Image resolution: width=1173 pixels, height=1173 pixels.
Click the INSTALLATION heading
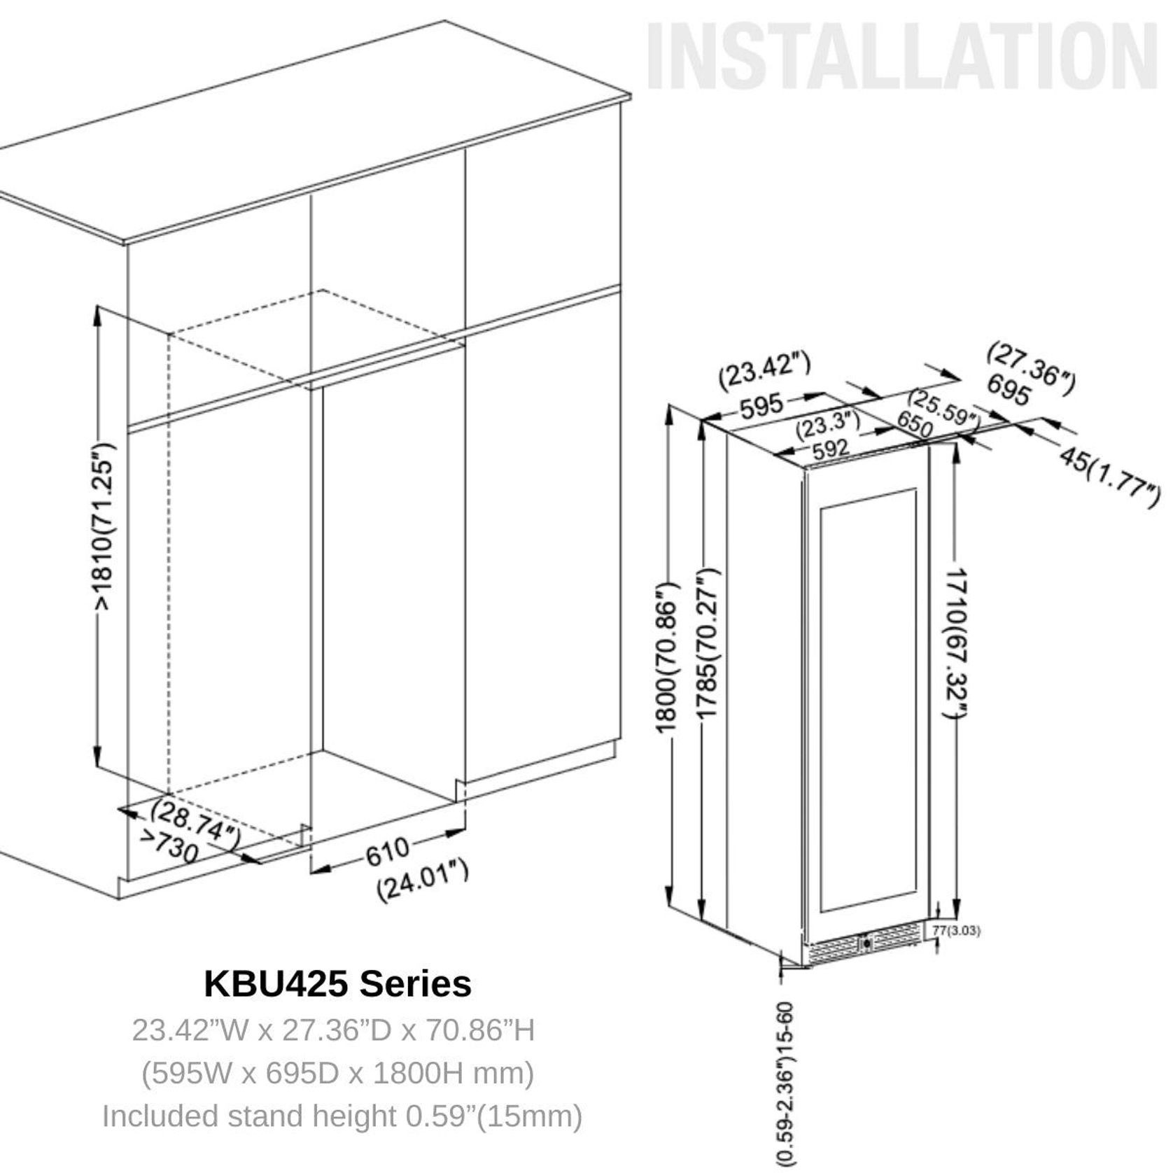pos(901,56)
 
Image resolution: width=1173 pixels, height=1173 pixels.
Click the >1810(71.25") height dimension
pos(104,525)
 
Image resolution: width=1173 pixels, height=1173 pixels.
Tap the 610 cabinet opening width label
pos(387,851)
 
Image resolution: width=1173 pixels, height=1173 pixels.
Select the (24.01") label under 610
pos(422,881)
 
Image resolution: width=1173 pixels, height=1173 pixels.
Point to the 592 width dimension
pos(831,448)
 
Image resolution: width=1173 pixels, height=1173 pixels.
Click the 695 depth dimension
pos(1008,390)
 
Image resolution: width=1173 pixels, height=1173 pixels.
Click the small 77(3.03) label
pos(956,931)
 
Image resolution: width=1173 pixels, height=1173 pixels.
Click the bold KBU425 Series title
pos(337,983)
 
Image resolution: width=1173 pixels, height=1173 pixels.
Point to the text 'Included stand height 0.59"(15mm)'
pos(342,1116)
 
